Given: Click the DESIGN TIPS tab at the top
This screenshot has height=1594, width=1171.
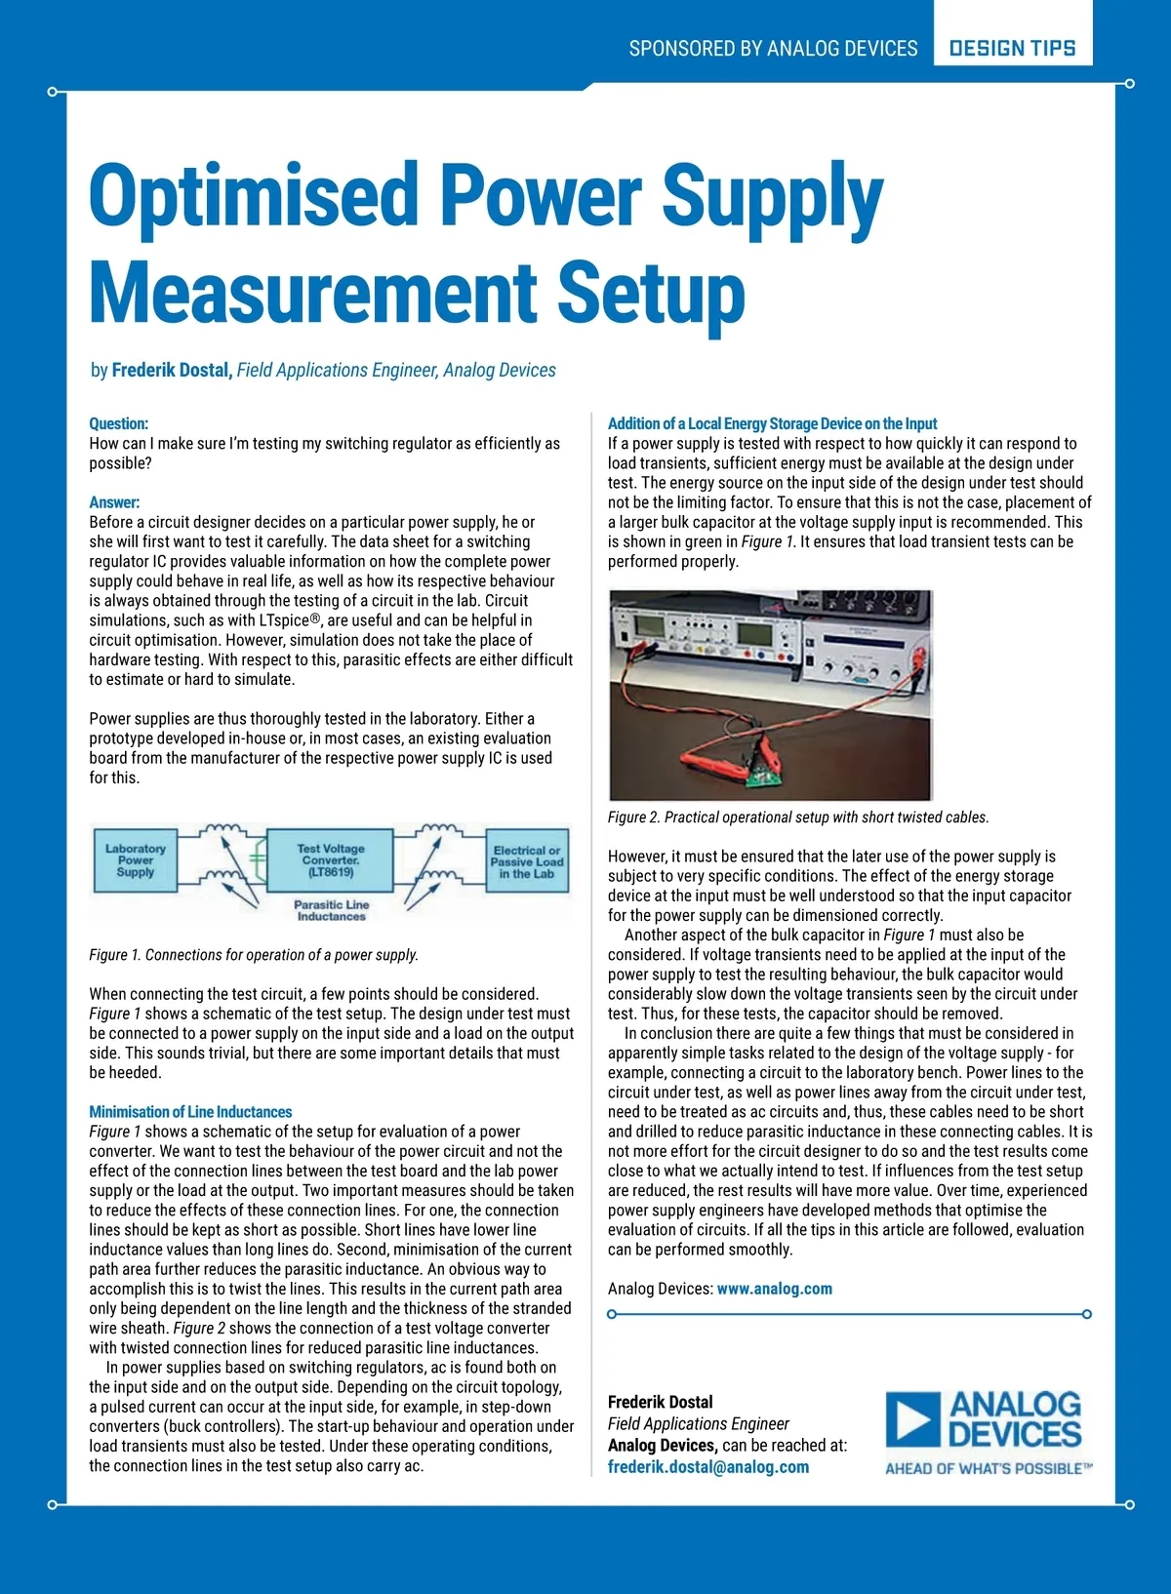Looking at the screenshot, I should point(1012,48).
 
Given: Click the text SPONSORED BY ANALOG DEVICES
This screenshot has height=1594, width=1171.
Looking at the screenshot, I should point(773,48).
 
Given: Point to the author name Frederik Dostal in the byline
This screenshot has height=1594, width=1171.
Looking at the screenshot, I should point(171,371).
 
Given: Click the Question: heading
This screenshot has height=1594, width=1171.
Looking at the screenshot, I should point(119,423).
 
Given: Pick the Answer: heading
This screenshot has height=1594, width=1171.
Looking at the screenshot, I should point(114,502).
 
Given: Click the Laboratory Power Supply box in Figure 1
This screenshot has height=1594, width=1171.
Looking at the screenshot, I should point(136,860).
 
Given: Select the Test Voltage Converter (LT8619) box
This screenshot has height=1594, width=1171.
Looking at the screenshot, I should point(331,860).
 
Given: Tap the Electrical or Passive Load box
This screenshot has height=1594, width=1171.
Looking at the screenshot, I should point(527,862).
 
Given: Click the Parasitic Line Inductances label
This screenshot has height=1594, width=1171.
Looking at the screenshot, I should point(332,910).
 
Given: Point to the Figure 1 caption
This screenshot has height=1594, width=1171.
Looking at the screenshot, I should point(254,955).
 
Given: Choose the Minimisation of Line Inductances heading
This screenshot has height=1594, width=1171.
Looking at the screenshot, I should point(190,1112).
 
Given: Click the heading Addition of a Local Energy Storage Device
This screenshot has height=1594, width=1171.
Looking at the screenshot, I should point(772,423).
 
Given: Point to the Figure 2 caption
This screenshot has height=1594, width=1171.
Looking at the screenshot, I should point(798,817).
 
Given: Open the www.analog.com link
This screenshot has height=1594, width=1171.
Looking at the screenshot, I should point(775,1289).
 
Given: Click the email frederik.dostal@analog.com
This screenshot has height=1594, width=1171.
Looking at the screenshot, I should point(708,1467).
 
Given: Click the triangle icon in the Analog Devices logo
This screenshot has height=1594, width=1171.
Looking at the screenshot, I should point(912,1419).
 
